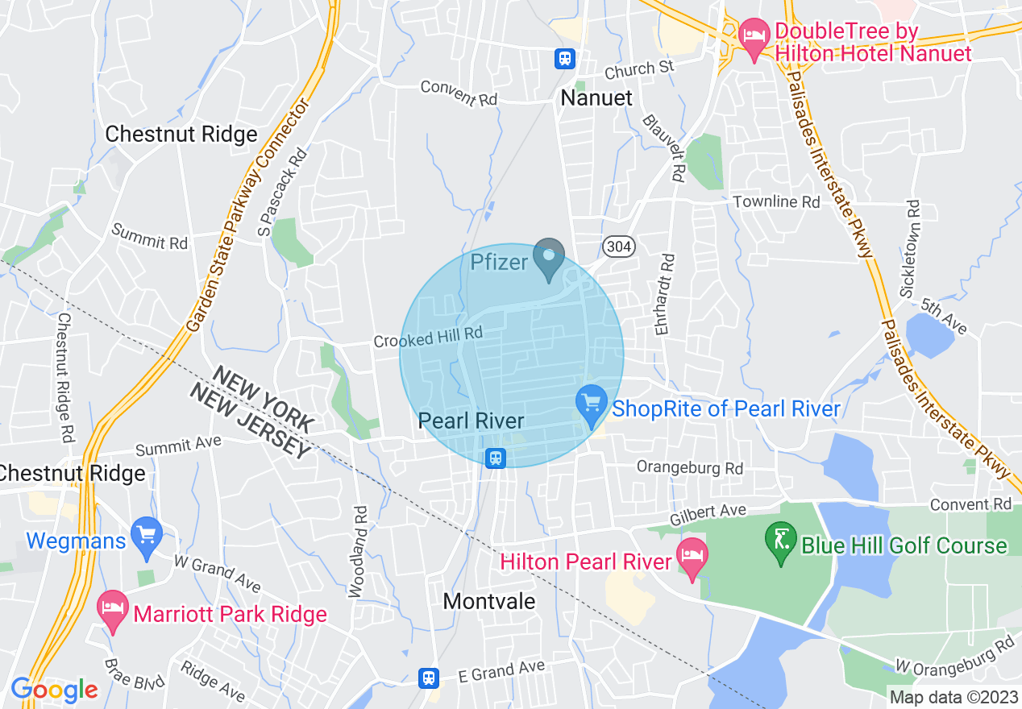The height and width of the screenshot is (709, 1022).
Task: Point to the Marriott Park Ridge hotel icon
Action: pos(113,612)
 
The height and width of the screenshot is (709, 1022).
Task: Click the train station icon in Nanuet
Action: pos(564,58)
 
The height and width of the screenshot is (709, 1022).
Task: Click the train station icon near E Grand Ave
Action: pos(430,678)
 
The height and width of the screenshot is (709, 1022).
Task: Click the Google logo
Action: pos(54,690)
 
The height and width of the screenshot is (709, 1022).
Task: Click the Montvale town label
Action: pos(489,601)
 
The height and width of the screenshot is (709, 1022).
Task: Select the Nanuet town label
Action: pos(596,98)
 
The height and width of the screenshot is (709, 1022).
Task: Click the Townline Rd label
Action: pos(776,201)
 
